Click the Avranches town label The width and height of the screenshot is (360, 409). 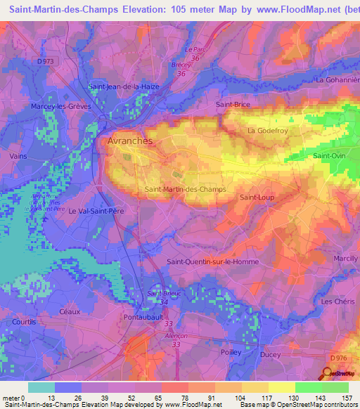point(129,141)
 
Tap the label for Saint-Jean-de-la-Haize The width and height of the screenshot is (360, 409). point(124,86)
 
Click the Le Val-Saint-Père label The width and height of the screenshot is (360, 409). point(94,210)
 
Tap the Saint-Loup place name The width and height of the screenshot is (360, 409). point(257,197)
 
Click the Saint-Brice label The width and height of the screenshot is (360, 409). point(233,104)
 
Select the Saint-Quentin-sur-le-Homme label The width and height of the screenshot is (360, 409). point(212,261)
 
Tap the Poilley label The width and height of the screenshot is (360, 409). point(231,352)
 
